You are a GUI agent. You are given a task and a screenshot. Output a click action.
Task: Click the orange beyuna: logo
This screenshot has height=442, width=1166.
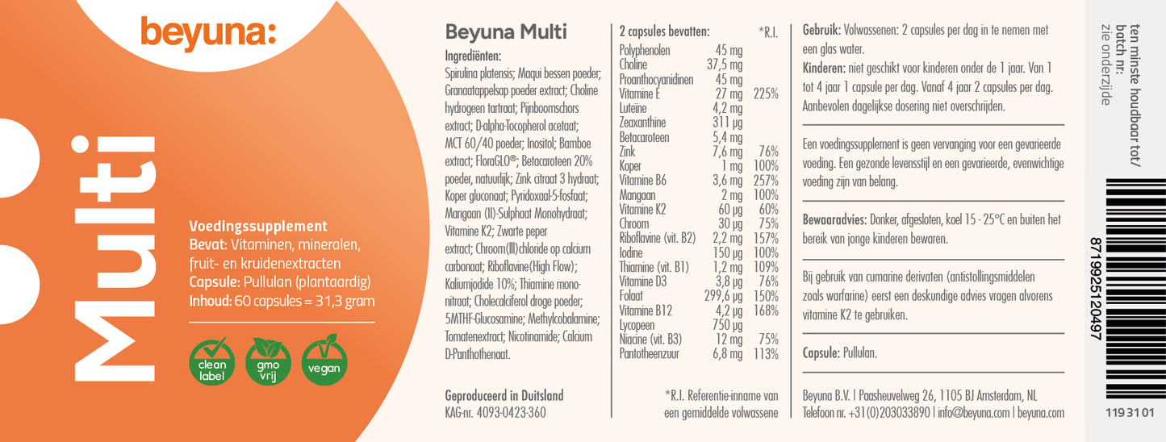coord(208,33)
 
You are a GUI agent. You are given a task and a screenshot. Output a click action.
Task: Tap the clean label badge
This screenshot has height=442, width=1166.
coord(211,361)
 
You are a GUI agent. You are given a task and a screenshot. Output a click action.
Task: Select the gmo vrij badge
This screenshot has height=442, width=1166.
coord(268,361)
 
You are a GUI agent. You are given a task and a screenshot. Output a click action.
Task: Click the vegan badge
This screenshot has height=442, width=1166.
coord(324,361)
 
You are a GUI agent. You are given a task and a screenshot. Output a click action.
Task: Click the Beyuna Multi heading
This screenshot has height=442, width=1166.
coord(506,32)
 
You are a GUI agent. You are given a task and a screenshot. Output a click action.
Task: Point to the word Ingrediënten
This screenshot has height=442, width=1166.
coord(474,56)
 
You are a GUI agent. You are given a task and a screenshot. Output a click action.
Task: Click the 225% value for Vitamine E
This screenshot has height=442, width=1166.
coord(765,94)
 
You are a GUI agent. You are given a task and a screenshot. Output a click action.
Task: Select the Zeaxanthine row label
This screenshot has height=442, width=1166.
coord(643,123)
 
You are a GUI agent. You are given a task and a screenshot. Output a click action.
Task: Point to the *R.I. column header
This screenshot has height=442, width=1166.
coord(768,32)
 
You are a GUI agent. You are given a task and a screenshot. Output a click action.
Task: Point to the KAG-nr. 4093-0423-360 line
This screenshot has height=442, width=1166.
coord(495,412)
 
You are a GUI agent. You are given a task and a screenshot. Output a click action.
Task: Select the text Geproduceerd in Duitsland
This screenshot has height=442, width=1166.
coord(504,395)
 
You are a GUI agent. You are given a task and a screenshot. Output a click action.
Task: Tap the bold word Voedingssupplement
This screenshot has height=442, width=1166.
coord(257,227)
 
